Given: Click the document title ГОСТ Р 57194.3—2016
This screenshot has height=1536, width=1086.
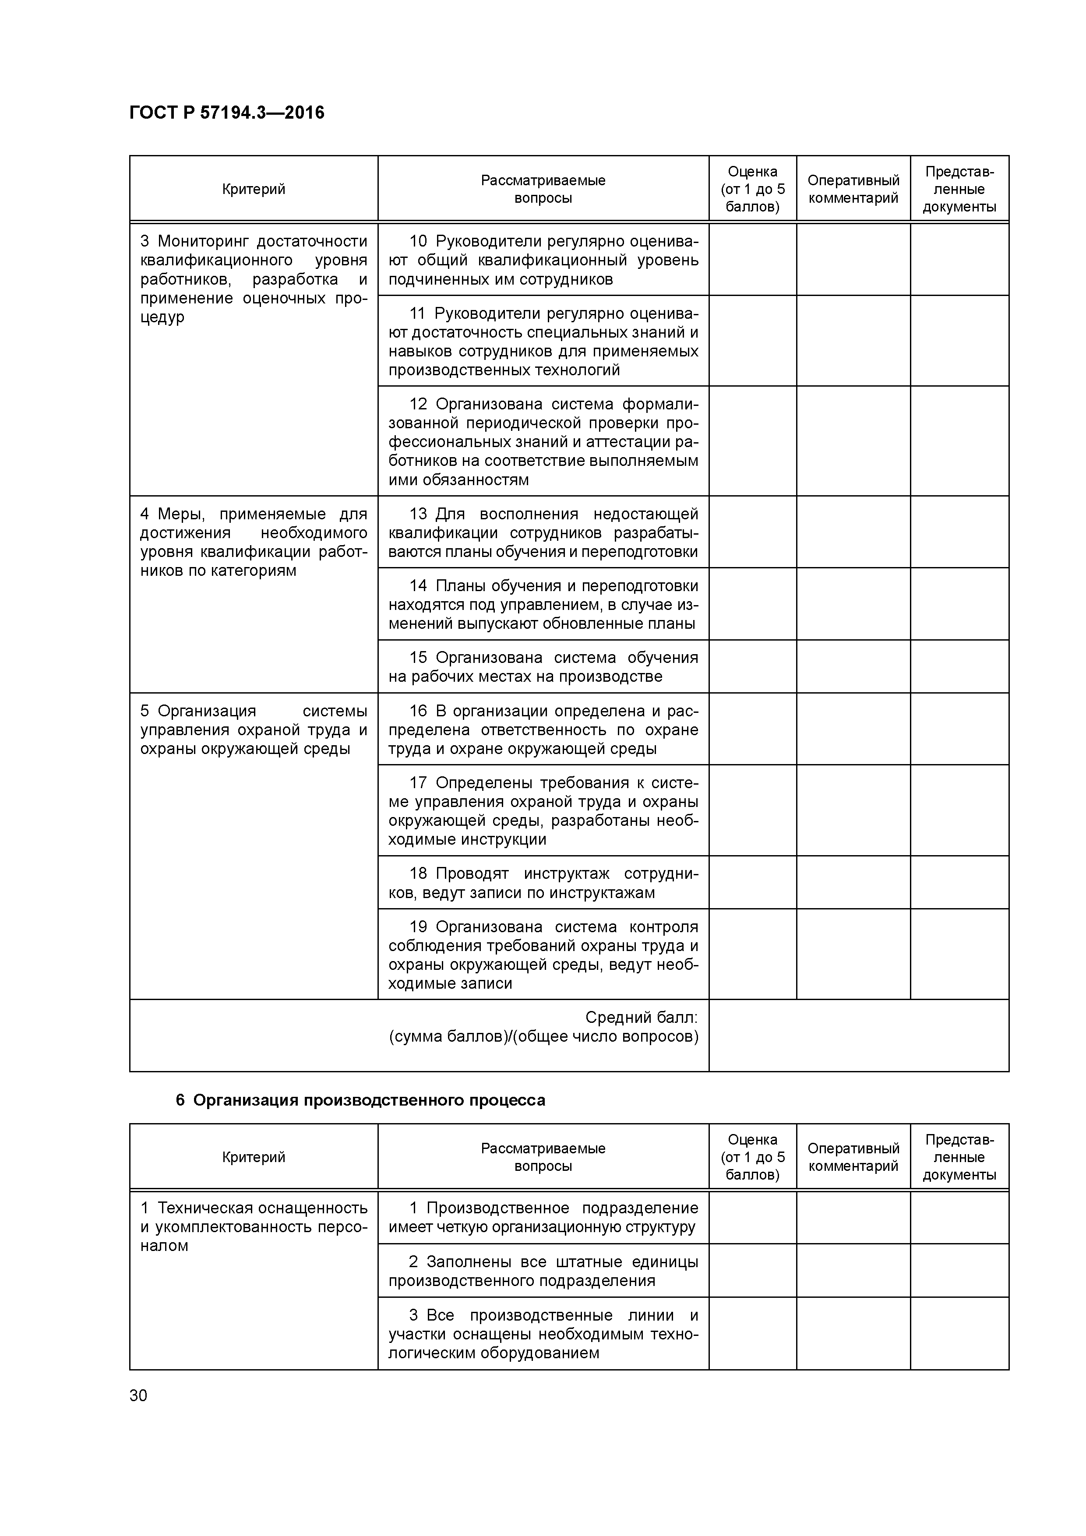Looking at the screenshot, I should [x=226, y=113].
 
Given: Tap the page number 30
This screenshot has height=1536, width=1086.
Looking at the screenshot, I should [x=138, y=1395].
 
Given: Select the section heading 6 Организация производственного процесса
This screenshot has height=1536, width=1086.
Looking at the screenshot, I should [x=360, y=1100].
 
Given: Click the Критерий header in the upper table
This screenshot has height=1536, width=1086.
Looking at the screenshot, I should [x=254, y=189].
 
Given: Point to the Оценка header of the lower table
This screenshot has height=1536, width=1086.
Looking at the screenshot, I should [x=752, y=1157].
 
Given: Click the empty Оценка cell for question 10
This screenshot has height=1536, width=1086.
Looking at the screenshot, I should [x=752, y=260].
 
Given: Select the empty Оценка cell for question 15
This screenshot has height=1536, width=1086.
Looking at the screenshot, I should [x=752, y=666].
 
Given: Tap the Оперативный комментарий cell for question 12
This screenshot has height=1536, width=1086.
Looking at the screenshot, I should [x=853, y=441].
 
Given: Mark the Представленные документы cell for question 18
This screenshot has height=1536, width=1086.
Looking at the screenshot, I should [x=959, y=882].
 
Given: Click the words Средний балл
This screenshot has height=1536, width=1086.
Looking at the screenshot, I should [x=641, y=1018].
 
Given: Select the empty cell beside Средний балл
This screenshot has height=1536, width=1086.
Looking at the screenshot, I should [x=858, y=1035].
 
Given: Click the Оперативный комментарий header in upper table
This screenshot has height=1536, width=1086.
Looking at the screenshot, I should [x=853, y=189].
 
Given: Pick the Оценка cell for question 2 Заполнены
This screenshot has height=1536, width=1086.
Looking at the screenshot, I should [x=752, y=1270].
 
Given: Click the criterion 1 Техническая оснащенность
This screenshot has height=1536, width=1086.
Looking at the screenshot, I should [x=254, y=1208].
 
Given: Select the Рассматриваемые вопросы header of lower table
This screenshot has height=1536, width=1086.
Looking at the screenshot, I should [x=543, y=1157].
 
